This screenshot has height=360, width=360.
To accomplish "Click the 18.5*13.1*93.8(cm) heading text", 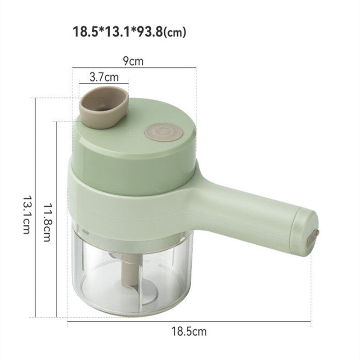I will (x=129, y=32).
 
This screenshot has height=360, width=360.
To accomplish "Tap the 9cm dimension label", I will (x=134, y=61).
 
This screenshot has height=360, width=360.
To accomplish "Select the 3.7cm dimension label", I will (x=103, y=76).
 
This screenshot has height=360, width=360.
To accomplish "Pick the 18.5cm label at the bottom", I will (x=189, y=332).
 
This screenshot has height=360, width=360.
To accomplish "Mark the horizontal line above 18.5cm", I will (x=189, y=321).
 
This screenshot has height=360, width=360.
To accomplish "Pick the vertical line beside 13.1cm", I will (x=35, y=207).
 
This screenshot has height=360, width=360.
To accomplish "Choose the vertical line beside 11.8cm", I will (x=56, y=218).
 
